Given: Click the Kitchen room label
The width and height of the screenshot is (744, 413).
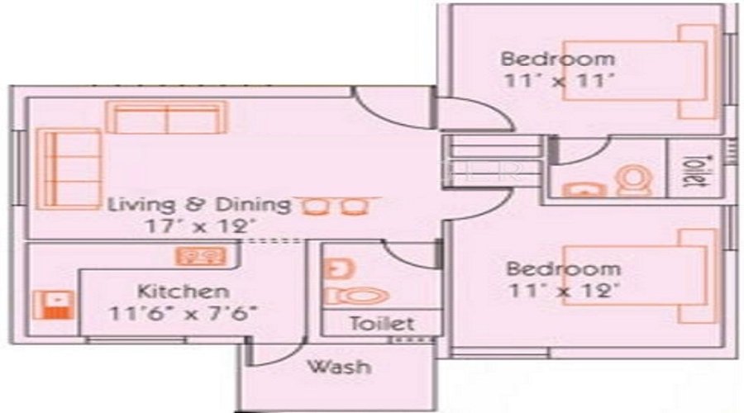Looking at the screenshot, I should (x=183, y=292).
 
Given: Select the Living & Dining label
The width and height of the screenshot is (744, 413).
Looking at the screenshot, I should (x=200, y=204).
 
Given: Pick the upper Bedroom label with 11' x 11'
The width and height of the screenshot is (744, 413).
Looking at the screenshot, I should (x=558, y=59).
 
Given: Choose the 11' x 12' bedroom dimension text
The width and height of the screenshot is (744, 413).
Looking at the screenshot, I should (x=563, y=290).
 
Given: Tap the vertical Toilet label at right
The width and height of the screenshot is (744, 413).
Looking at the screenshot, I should (x=695, y=171).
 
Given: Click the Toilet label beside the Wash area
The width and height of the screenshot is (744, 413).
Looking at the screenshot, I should (x=381, y=324).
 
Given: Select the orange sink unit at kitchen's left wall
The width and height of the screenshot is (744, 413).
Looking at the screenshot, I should (x=56, y=307).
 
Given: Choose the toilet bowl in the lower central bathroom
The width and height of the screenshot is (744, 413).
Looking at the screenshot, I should (x=360, y=295).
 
